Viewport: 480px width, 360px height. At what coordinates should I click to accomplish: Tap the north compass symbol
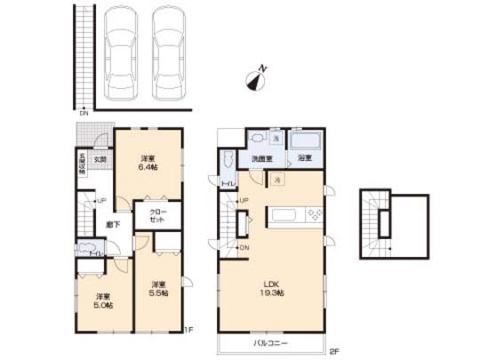click(x=256, y=80)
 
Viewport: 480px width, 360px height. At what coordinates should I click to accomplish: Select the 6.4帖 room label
click(x=148, y=163)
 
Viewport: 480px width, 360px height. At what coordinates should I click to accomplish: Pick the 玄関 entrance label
click(x=100, y=159)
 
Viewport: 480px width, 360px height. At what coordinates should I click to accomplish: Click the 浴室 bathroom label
click(x=304, y=157)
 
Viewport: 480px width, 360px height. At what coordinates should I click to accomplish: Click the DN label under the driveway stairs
click(x=84, y=113)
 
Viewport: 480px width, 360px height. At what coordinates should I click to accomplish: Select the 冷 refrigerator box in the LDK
click(x=277, y=178)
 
